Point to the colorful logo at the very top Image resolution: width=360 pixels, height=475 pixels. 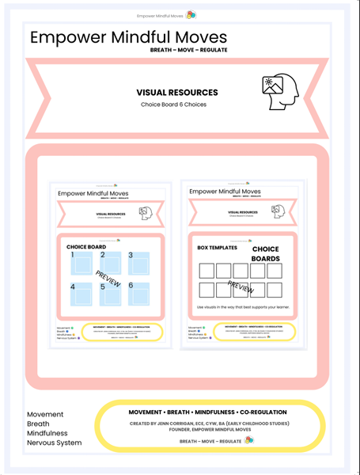coord(191,14)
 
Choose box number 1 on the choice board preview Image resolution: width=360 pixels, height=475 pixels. coord(82,264)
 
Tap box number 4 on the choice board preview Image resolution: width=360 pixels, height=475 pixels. coord(82,294)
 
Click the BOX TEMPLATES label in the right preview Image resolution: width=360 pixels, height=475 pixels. coord(217,248)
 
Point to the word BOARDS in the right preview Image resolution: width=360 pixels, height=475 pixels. coord(265,258)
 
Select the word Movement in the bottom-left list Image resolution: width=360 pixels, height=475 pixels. coord(45,415)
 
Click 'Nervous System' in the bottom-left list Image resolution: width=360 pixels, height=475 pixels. coord(54,443)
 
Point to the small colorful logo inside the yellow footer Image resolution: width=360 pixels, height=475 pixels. coord(249,440)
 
